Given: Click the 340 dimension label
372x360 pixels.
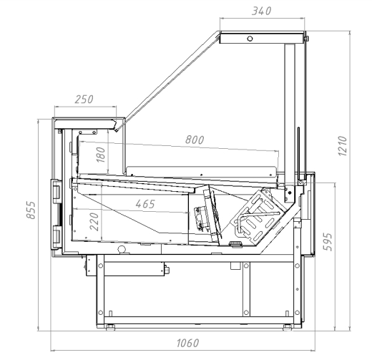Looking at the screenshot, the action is click(x=262, y=11).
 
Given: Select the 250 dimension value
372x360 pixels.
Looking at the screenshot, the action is click(x=84, y=99).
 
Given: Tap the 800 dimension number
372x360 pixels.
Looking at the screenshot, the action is click(x=195, y=140).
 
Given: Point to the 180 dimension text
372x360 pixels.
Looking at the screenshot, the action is click(x=101, y=155).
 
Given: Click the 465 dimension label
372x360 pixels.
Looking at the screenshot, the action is click(x=145, y=204).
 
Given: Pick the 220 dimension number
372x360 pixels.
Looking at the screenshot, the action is click(x=94, y=222).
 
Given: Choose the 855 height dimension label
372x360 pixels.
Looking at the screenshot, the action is click(x=31, y=210).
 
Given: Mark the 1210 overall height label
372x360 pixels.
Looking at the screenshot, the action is click(x=343, y=146).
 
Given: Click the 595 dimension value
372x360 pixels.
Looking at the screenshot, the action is click(x=328, y=242).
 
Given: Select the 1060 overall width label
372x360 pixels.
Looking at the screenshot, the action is click(x=187, y=343).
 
